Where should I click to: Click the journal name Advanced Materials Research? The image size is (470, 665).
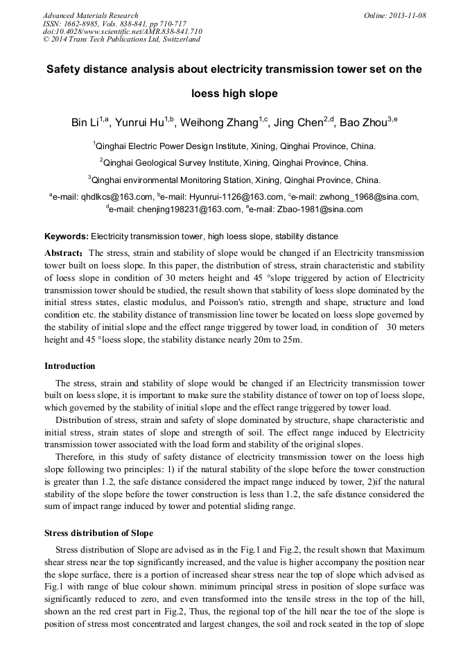90,15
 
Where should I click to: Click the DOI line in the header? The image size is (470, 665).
122,31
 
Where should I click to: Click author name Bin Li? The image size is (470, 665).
85,123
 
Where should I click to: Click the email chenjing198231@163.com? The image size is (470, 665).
175,209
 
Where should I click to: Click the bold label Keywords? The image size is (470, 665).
67,236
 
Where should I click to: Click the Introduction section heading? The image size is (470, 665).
70,365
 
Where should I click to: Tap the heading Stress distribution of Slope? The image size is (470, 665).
98,533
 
